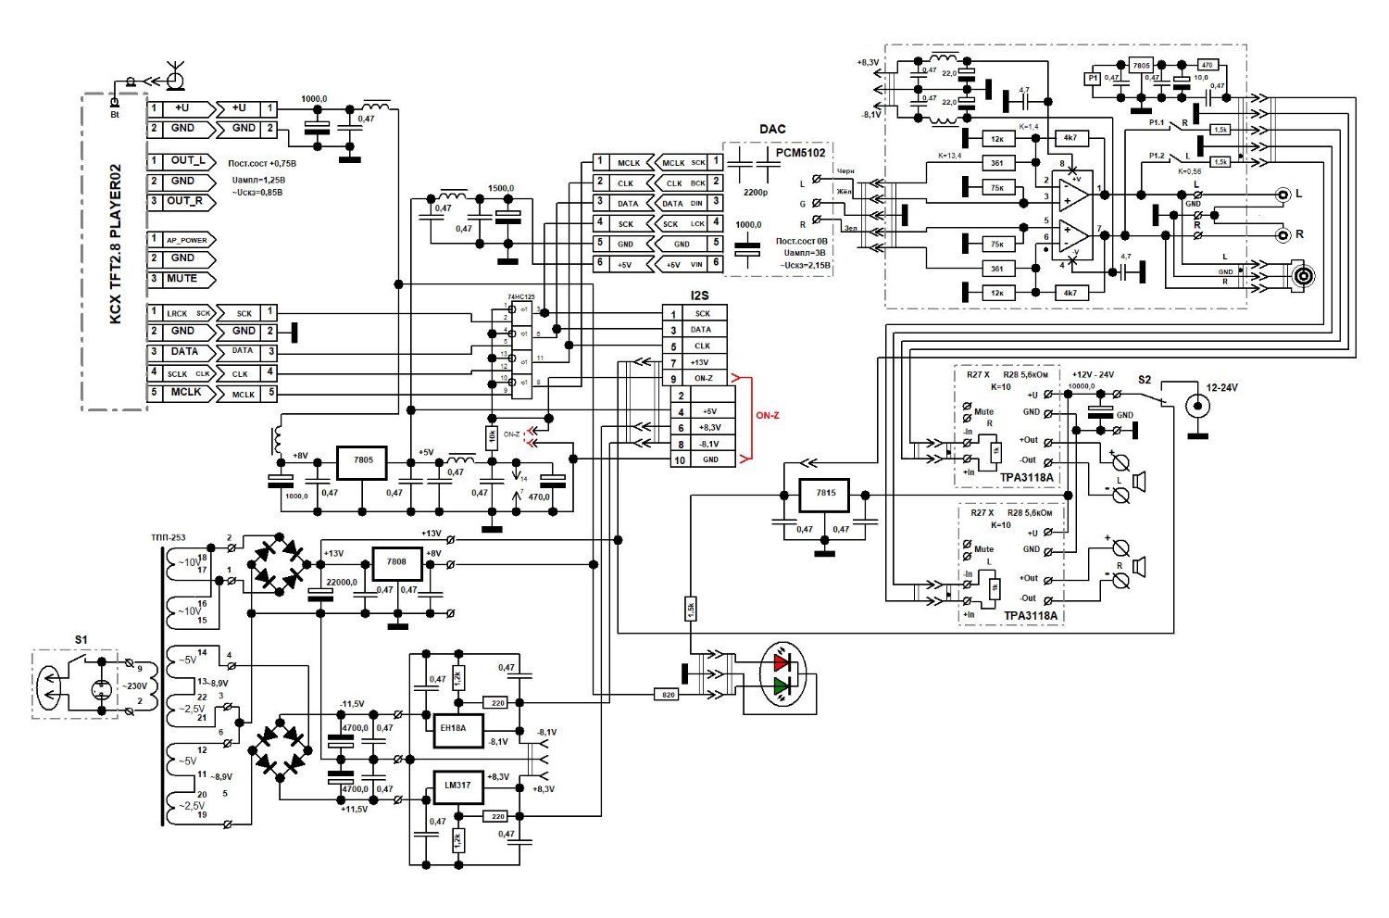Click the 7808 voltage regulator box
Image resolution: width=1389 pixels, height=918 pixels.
point(395,561)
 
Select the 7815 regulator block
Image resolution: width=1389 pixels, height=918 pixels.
point(825,494)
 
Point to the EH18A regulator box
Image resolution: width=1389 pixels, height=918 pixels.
point(454,728)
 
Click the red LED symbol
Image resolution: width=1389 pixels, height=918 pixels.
point(782,661)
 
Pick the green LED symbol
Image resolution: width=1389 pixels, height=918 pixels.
point(782,686)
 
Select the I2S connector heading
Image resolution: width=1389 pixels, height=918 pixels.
point(701,296)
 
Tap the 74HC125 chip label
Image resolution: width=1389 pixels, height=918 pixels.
point(519,296)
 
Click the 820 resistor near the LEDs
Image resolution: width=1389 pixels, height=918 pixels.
point(666,694)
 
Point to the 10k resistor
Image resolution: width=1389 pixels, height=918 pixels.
point(492,434)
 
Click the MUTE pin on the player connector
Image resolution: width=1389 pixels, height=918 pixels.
point(182,279)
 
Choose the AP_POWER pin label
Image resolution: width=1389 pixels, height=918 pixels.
point(186,239)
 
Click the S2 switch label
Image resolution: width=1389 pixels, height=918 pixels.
point(1145,380)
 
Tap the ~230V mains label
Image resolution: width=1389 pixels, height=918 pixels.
point(136,685)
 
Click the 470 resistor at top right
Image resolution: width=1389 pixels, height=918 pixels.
point(1207,65)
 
